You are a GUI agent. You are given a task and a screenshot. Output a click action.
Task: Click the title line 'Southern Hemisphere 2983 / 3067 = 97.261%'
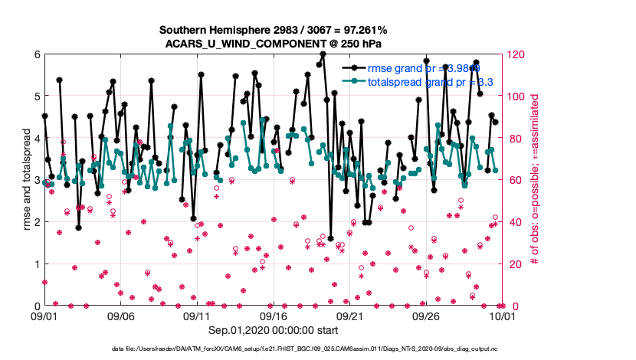[x=273, y=30]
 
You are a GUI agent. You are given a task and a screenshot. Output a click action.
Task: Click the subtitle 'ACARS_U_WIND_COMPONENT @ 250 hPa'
[x=273, y=43]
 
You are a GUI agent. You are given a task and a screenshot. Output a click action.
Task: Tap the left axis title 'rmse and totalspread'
[x=26, y=181]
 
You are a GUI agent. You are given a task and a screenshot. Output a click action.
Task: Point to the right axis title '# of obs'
[x=534, y=181]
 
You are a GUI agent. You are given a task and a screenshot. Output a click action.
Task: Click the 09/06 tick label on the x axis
[x=120, y=316]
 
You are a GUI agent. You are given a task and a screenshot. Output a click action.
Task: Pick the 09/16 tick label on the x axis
[x=274, y=316]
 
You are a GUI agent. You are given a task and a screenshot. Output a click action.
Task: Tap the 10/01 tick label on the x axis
[x=502, y=316]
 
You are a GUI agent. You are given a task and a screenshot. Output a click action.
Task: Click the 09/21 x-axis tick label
[x=349, y=316]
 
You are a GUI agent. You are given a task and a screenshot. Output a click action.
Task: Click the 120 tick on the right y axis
[x=516, y=54]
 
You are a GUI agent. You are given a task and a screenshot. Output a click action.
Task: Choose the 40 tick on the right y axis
[x=513, y=222]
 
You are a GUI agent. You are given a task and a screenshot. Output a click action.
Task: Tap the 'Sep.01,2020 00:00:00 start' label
[x=273, y=331]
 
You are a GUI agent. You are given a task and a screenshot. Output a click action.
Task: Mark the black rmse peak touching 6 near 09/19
[x=323, y=54]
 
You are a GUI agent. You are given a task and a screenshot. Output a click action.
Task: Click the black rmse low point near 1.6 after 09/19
[x=330, y=238]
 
